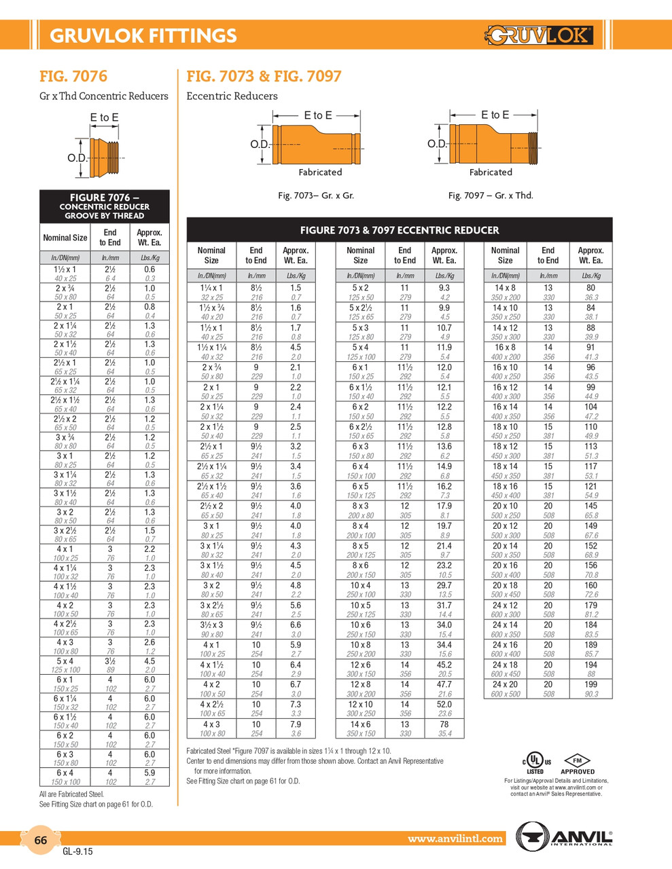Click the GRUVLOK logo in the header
click(539, 35)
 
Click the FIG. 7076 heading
click(73, 76)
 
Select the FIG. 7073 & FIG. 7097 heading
click(264, 76)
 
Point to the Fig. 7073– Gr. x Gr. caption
click(316, 196)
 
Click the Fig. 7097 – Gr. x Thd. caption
click(491, 196)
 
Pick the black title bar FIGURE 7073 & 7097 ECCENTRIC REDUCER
click(400, 230)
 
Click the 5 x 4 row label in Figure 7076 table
click(65, 661)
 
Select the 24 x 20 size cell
click(505, 684)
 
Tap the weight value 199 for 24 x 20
click(590, 684)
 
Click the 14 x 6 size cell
click(360, 724)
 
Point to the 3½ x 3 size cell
click(211, 625)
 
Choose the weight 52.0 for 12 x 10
click(444, 704)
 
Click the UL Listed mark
click(535, 762)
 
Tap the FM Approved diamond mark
click(578, 762)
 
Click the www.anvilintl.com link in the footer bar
click(455, 838)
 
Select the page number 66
click(41, 840)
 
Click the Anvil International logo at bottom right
click(564, 835)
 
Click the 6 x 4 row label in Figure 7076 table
click(65, 773)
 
